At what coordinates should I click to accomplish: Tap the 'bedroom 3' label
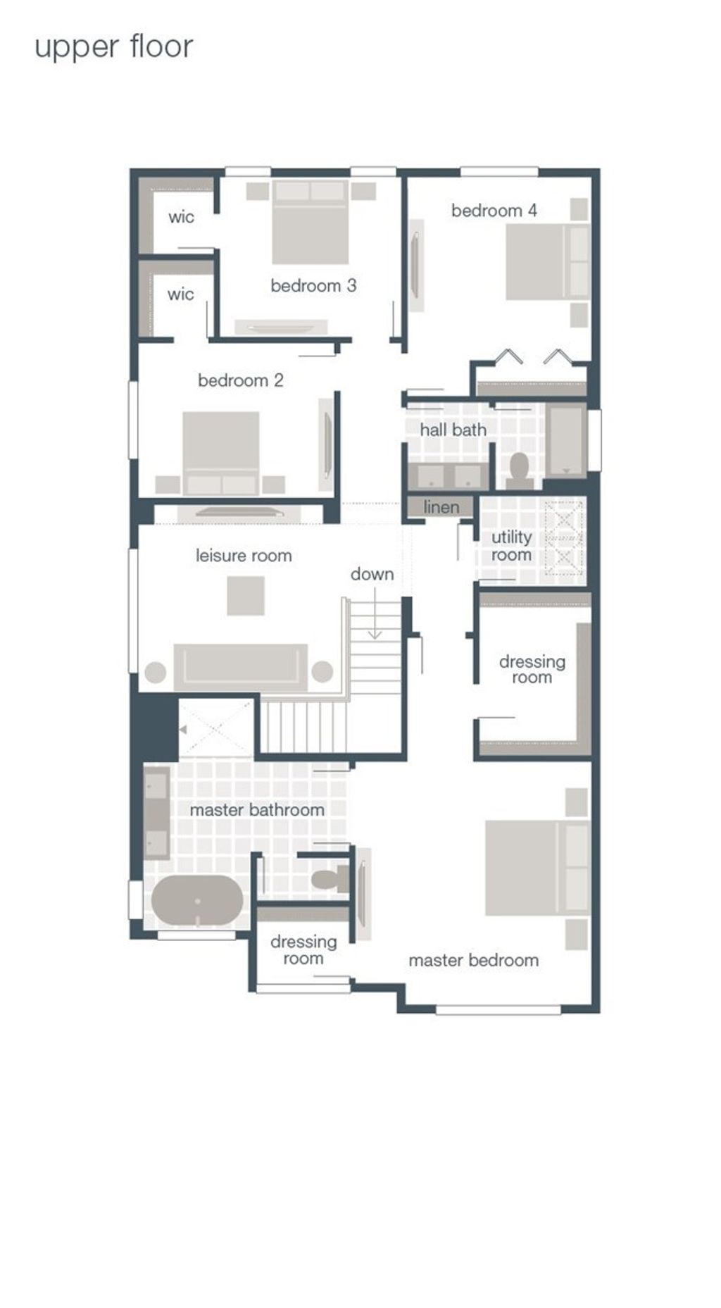point(313,285)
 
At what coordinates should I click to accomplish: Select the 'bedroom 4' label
point(494,210)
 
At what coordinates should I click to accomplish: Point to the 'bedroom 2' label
point(240,380)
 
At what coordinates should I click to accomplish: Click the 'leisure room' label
point(244,555)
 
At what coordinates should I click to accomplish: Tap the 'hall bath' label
point(453,429)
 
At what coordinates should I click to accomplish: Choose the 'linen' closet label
point(441,506)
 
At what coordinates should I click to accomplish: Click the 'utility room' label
point(511,546)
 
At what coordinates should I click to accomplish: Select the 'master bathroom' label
point(257,810)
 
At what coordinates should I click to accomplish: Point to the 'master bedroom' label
point(473,960)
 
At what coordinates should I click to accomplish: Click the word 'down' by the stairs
point(372,574)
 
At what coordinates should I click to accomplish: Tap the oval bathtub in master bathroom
point(197,901)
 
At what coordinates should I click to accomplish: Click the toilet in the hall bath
point(520,471)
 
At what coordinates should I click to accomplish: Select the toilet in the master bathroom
point(330,879)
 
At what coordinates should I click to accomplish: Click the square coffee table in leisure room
point(246,595)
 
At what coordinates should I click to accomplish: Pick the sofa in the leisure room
point(240,665)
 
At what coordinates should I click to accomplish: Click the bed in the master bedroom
point(537,868)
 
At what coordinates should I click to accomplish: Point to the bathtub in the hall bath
point(567,440)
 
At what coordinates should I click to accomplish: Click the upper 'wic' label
point(181,217)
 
